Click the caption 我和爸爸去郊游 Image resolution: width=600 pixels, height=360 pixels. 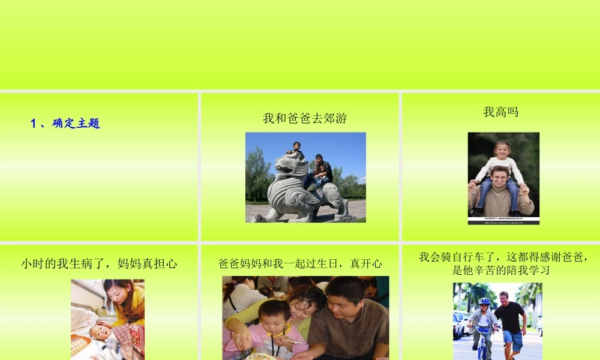[x=305, y=118]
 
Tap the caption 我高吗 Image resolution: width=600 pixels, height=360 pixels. [x=500, y=112]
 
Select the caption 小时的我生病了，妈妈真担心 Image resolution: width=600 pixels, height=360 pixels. [x=99, y=263]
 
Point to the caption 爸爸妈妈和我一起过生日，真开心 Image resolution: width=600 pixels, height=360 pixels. [x=300, y=263]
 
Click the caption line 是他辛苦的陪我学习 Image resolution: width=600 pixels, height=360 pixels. [x=501, y=271]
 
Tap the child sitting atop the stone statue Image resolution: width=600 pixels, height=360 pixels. [x=295, y=149]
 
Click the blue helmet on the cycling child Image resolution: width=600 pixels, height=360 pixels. [x=484, y=302]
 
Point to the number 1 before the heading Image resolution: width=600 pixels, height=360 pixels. [x=34, y=124]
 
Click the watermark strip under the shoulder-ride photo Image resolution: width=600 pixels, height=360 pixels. [x=503, y=220]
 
